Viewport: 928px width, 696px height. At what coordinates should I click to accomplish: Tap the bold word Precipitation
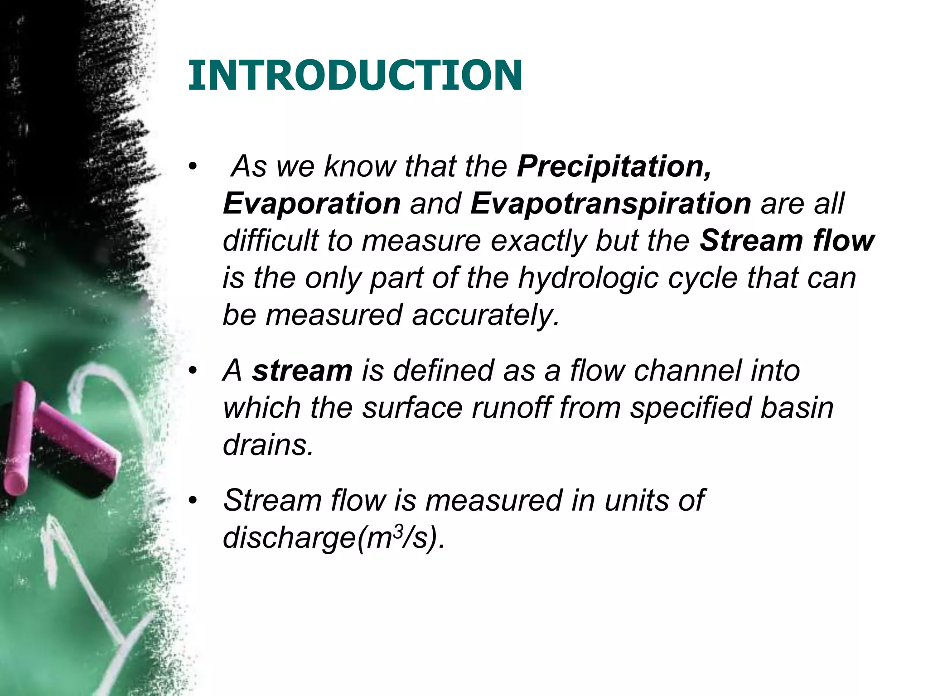point(614,166)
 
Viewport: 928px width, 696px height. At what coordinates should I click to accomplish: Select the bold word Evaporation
point(312,203)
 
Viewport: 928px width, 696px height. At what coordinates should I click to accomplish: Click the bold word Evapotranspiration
point(611,203)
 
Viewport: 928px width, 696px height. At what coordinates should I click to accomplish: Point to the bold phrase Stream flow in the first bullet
point(787,241)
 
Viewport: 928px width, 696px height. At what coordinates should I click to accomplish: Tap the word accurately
point(486,315)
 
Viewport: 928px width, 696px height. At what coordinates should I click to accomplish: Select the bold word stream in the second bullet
point(302,370)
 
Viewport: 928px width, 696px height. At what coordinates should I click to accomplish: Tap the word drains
point(268,445)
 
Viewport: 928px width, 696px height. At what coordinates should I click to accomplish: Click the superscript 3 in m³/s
point(397,531)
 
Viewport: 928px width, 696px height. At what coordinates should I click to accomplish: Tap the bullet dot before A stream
point(193,371)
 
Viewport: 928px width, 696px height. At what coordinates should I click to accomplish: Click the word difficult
point(270,241)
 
